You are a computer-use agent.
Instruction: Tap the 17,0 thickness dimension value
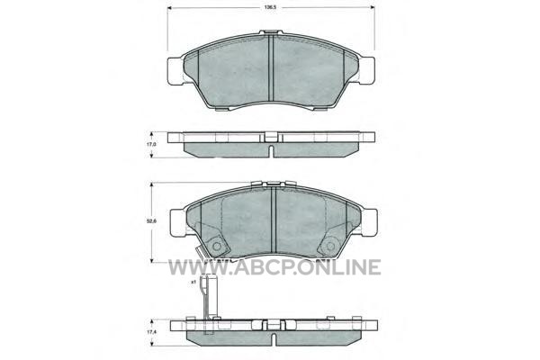pyautogui.click(x=151, y=145)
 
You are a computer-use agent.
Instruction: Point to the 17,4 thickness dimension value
pyautogui.click(x=151, y=332)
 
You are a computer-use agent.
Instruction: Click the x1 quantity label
pyautogui.click(x=193, y=282)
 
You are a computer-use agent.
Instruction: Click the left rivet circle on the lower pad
pyautogui.click(x=217, y=247)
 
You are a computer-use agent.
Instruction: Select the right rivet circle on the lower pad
pyautogui.click(x=330, y=247)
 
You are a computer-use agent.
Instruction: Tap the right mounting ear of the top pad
pyautogui.click(x=366, y=70)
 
